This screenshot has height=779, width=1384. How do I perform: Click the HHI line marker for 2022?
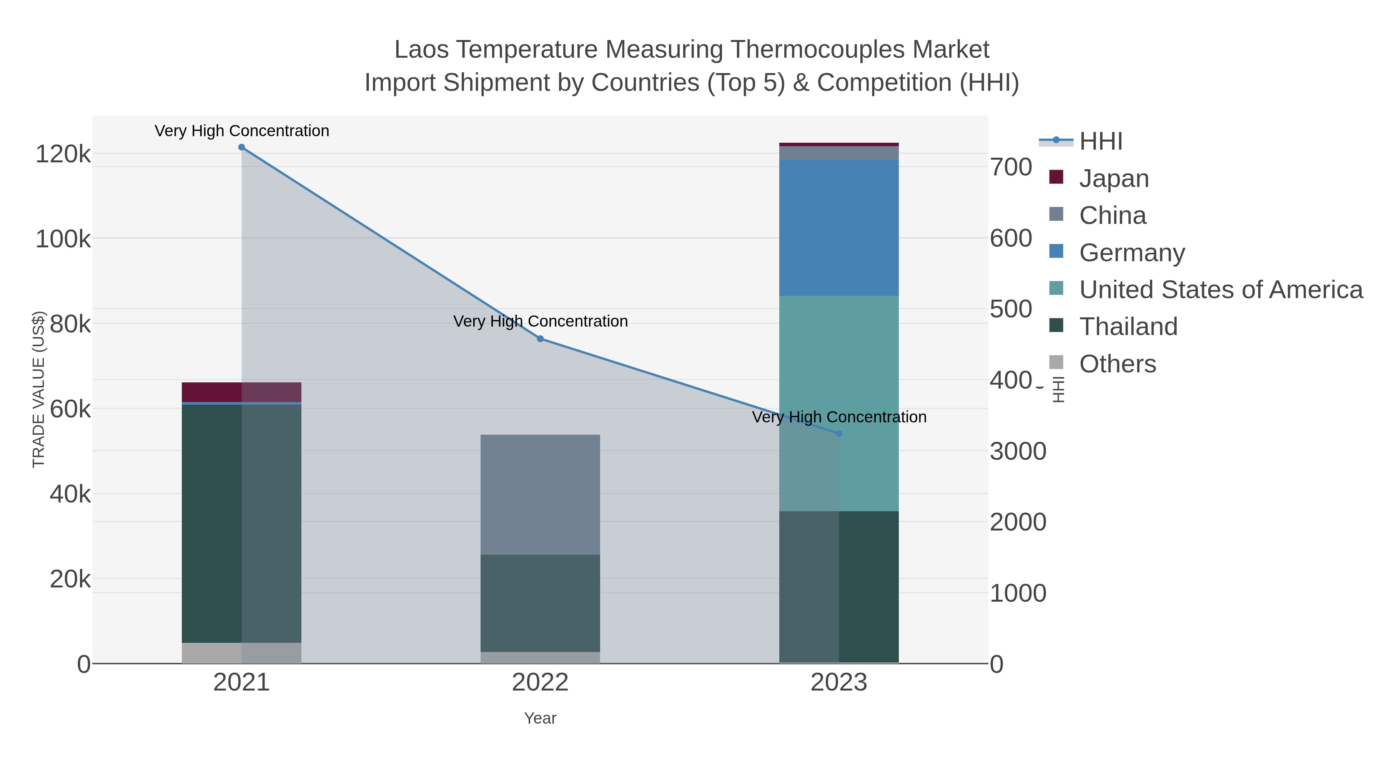click(540, 339)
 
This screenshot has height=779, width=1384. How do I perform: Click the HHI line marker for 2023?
click(839, 433)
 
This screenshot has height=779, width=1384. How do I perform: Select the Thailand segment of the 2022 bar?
click(540, 603)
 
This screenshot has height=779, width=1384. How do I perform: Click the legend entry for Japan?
click(1114, 178)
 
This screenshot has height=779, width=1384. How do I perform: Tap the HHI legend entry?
click(1100, 142)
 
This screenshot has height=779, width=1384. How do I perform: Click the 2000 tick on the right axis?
click(1018, 522)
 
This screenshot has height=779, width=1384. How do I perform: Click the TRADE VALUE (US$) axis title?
click(39, 389)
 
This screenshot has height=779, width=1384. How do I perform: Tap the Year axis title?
click(540, 718)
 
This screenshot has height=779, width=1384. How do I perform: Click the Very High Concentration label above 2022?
click(540, 322)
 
